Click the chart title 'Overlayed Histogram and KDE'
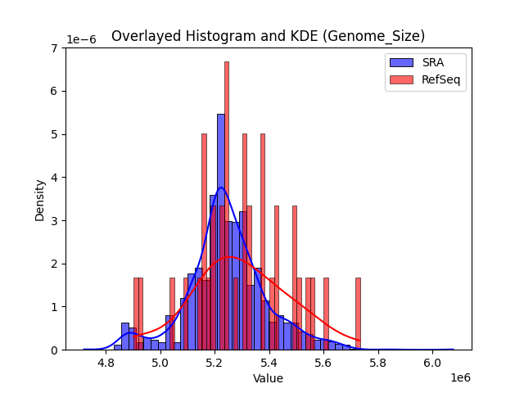268,36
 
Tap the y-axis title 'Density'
40,199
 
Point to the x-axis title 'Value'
268,379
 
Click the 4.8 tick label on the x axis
106,362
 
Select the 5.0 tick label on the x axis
160,362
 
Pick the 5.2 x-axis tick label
215,362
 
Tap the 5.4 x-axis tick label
269,362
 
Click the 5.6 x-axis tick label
324,362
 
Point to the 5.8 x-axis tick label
378,362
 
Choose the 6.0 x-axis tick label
433,362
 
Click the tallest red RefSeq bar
227,205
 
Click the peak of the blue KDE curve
220,187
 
